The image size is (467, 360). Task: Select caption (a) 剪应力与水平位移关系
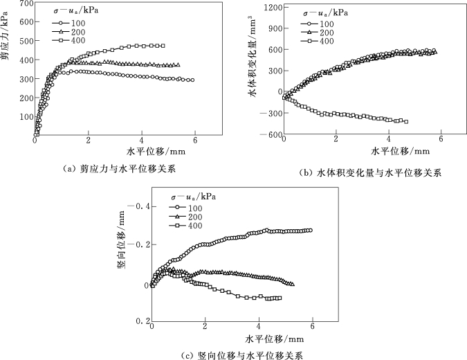tap(118, 167)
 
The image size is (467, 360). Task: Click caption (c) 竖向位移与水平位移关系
tap(241, 354)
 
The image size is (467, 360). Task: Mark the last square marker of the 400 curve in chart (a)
tap(162, 46)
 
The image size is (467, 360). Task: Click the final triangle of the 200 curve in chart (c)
tap(293, 284)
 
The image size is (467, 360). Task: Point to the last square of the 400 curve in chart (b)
tap(405, 121)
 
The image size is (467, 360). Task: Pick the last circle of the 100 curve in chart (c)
tap(310, 231)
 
